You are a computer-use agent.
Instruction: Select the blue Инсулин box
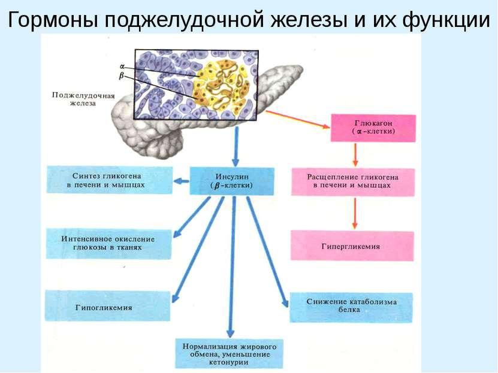tap(233, 181)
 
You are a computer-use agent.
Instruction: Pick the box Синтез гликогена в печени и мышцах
tap(109, 180)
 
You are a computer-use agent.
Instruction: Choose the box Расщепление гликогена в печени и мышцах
tap(352, 181)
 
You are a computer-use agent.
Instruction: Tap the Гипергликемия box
tap(352, 245)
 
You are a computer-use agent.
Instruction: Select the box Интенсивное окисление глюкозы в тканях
tap(108, 242)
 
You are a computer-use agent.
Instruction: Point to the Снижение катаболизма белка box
tap(351, 307)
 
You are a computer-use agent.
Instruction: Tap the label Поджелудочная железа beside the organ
tap(75, 98)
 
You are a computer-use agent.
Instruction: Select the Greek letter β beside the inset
tap(122, 76)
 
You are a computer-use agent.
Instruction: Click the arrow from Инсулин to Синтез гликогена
tap(181, 180)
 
